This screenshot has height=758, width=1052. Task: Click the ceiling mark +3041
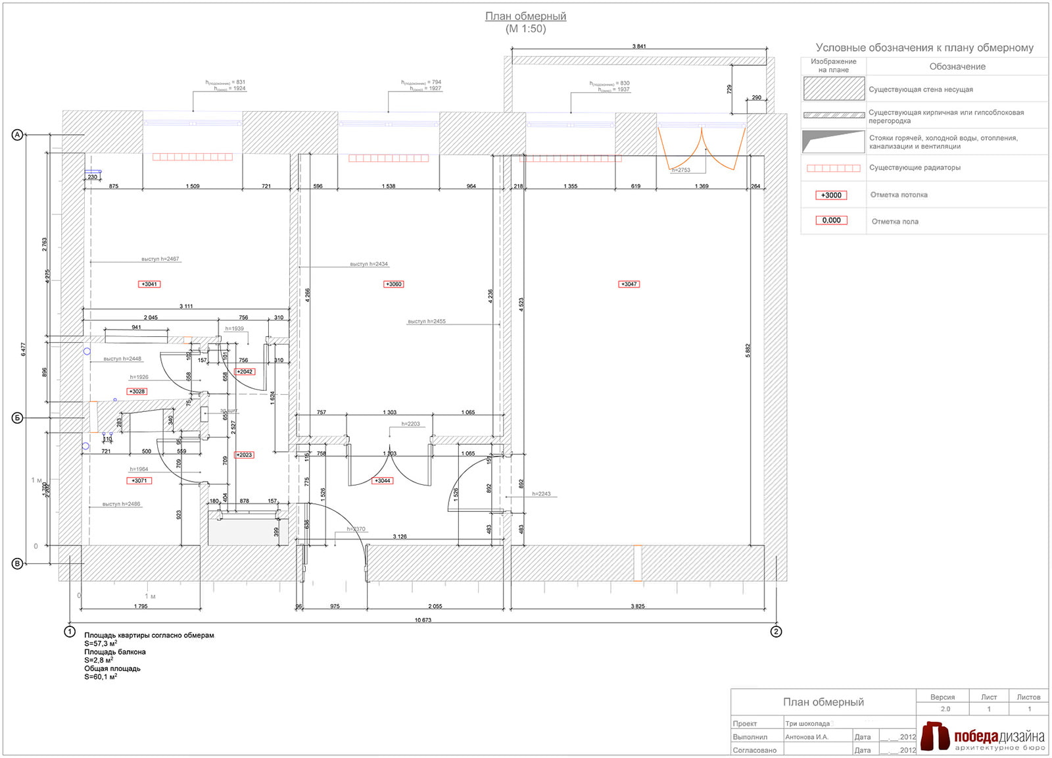click(149, 284)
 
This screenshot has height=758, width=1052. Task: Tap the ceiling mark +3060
click(393, 284)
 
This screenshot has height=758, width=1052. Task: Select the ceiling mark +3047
click(629, 284)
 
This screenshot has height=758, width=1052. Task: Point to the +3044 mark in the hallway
click(383, 481)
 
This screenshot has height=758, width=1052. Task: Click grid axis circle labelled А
click(18, 135)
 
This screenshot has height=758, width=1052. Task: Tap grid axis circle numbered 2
click(777, 632)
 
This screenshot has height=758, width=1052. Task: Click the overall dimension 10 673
click(423, 620)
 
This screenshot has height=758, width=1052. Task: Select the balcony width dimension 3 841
click(638, 46)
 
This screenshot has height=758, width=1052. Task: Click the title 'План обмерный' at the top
click(525, 16)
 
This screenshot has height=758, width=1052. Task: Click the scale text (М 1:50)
click(525, 29)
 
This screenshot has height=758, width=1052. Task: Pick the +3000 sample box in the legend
click(831, 195)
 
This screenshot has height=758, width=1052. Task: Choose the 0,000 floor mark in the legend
click(831, 220)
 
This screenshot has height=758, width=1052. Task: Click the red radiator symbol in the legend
click(833, 168)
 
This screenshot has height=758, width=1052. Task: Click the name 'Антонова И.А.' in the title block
click(807, 737)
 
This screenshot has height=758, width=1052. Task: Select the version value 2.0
click(945, 709)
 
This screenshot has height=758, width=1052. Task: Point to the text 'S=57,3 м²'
click(101, 644)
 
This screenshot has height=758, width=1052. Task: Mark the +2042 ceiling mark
click(245, 372)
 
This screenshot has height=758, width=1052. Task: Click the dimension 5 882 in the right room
click(748, 350)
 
